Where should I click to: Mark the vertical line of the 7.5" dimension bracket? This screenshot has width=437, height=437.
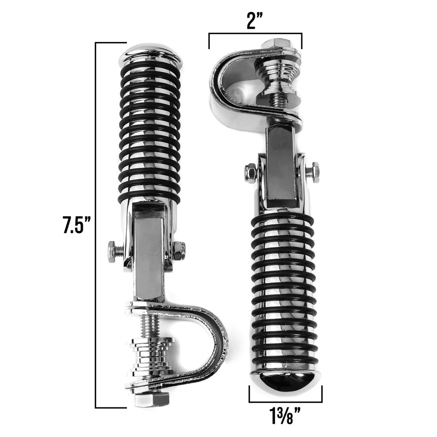click(96, 225)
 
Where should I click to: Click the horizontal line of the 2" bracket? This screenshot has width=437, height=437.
click(255, 34)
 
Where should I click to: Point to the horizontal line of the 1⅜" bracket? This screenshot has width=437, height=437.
click(285, 402)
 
